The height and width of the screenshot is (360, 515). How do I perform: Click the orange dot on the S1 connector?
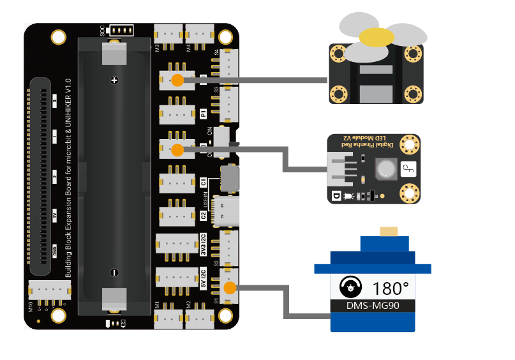(x=230, y=287)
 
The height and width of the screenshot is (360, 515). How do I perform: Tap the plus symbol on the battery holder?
(x=114, y=80)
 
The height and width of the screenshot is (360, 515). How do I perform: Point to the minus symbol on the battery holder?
(x=114, y=272)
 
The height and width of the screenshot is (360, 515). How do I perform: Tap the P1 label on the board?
(x=204, y=114)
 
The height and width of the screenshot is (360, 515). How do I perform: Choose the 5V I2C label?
(x=204, y=278)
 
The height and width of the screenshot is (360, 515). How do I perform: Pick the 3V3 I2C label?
(x=204, y=244)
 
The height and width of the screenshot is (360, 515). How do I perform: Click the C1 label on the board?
(x=204, y=182)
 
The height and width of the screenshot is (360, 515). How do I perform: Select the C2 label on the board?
(x=204, y=215)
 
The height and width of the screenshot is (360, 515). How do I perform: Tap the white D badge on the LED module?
(x=335, y=197)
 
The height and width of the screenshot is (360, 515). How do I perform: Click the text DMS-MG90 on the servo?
(x=372, y=306)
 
